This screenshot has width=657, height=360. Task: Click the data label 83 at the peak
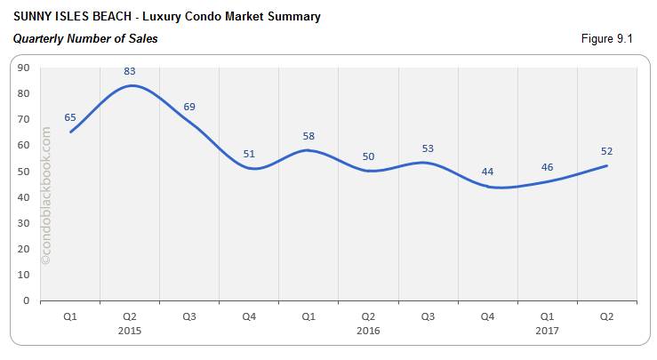pyautogui.click(x=131, y=70)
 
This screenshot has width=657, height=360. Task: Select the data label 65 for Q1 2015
pyautogui.click(x=71, y=116)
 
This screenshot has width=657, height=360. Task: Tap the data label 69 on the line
pyautogui.click(x=189, y=107)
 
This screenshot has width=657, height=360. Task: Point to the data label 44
pyautogui.click(x=487, y=172)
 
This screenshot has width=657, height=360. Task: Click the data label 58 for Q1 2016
pyautogui.click(x=308, y=136)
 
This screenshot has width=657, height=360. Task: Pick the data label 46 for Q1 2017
pyautogui.click(x=547, y=166)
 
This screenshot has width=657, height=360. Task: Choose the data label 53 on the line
pyautogui.click(x=429, y=148)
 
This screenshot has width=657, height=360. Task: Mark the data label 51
pyautogui.click(x=250, y=154)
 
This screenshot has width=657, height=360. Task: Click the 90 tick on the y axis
pyautogui.click(x=23, y=68)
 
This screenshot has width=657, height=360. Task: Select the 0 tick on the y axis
pyautogui.click(x=27, y=301)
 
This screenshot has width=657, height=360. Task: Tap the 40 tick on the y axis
pyautogui.click(x=23, y=197)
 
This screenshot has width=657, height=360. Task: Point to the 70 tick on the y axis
pyautogui.click(x=23, y=119)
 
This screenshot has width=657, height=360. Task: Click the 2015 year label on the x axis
pyautogui.click(x=130, y=330)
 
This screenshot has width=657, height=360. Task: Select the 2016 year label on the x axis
pyautogui.click(x=368, y=330)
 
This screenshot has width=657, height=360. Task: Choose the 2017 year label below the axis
pyautogui.click(x=547, y=330)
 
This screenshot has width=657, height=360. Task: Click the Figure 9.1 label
pyautogui.click(x=613, y=38)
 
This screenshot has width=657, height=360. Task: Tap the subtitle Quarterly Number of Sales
pyautogui.click(x=85, y=38)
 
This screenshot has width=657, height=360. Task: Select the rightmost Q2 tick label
pyautogui.click(x=606, y=316)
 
